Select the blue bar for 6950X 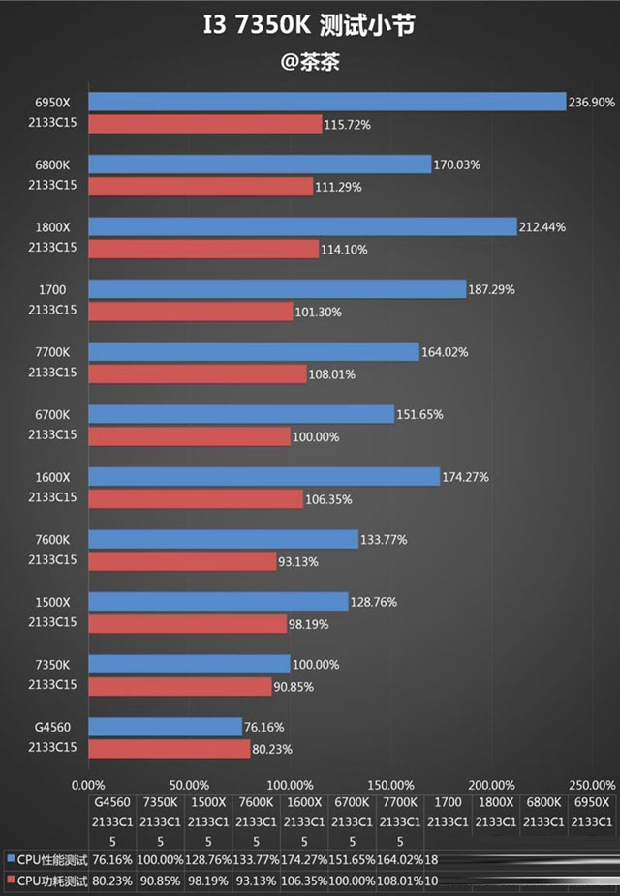click(326, 102)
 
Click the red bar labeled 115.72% click(204, 124)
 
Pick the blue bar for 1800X click(302, 226)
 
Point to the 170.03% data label click(456, 164)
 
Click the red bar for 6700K click(189, 437)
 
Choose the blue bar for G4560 click(165, 726)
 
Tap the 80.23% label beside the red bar click(272, 749)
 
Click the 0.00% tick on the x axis click(89, 785)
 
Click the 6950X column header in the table click(591, 803)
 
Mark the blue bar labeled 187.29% click(277, 289)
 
